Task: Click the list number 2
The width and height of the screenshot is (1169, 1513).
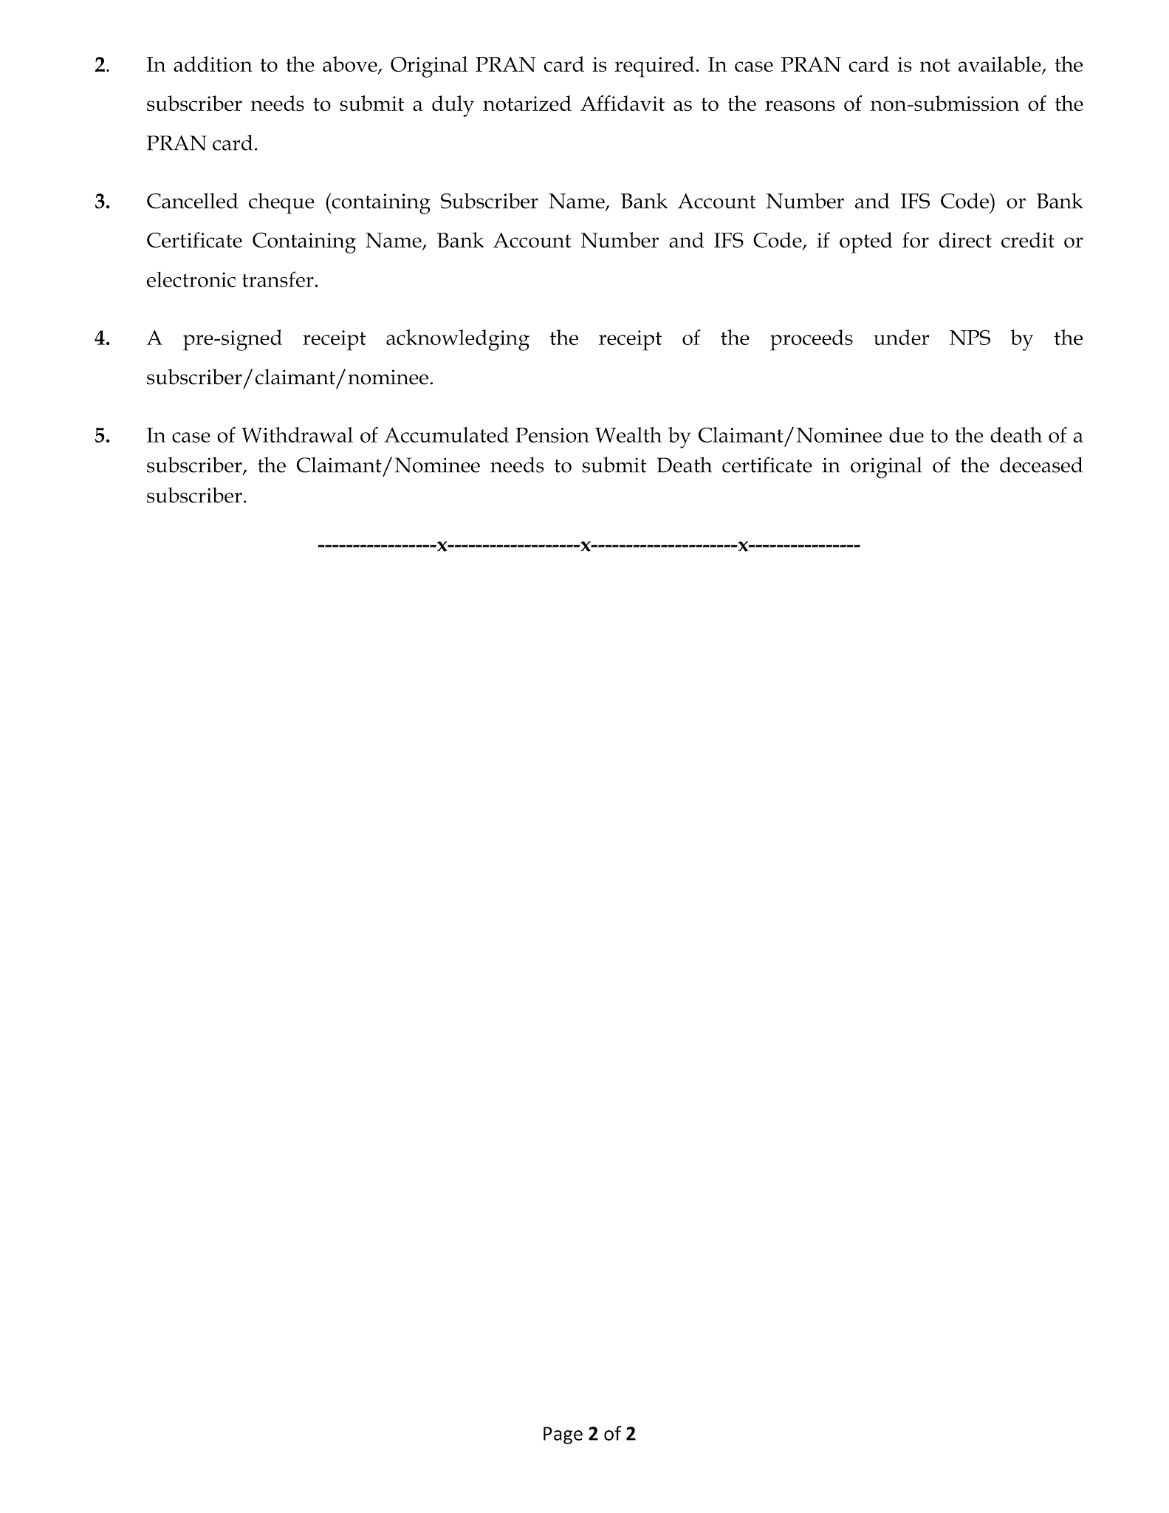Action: pyautogui.click(x=101, y=66)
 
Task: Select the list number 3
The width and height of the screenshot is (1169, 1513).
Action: pyautogui.click(x=102, y=202)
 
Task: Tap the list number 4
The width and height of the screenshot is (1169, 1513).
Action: pyautogui.click(x=102, y=339)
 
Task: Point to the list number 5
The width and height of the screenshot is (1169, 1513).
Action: pyautogui.click(x=102, y=436)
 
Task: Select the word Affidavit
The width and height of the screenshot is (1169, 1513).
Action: pyautogui.click(x=622, y=104)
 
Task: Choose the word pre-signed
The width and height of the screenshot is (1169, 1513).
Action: pyautogui.click(x=232, y=339)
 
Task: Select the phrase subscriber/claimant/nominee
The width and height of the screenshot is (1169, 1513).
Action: pyautogui.click(x=289, y=378)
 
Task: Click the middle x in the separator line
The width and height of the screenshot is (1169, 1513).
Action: pyautogui.click(x=585, y=546)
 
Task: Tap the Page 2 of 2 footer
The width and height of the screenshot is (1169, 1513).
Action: pyautogui.click(x=589, y=1434)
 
